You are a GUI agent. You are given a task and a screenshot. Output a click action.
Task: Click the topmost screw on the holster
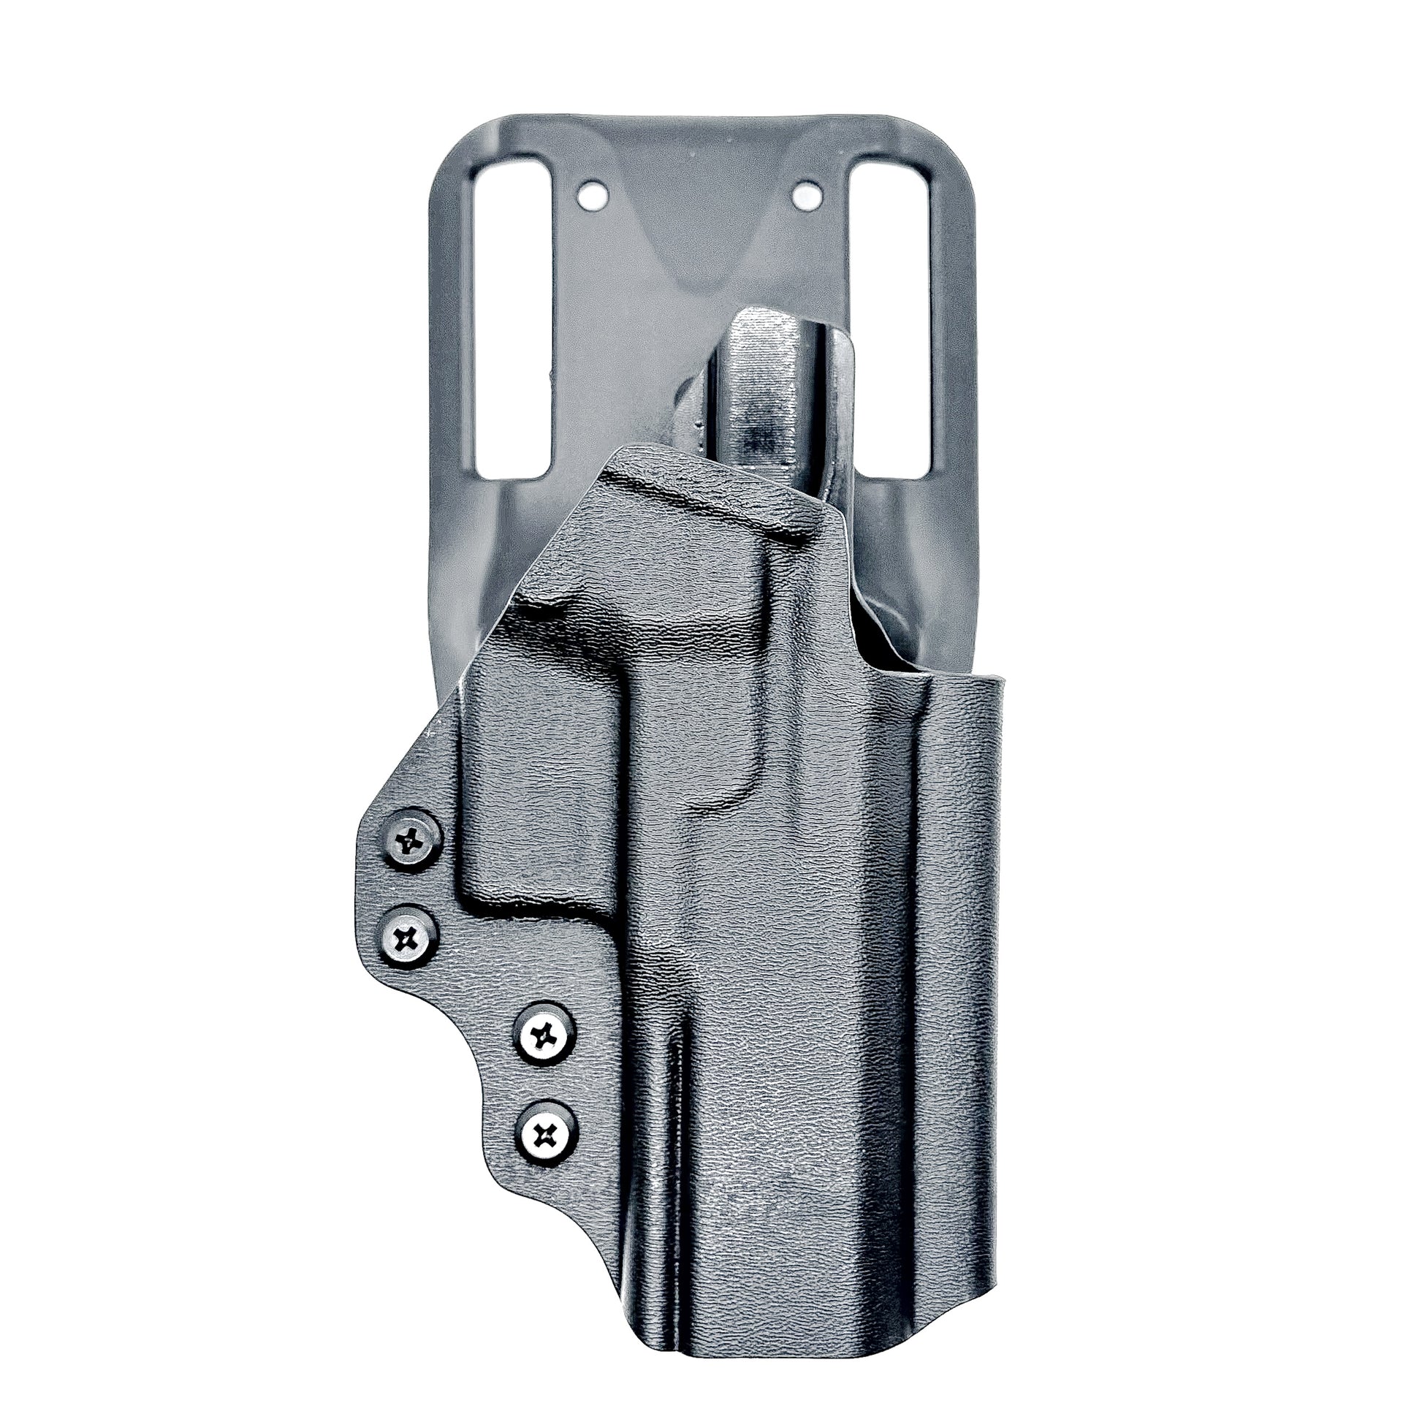point(412,838)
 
